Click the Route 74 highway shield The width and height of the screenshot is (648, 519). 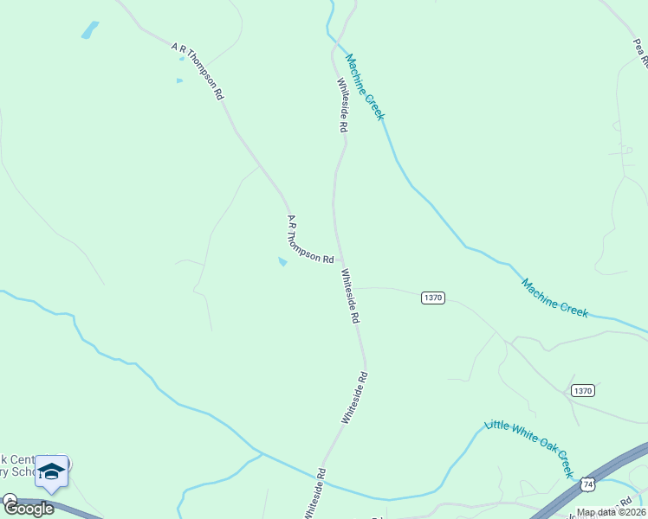(588, 484)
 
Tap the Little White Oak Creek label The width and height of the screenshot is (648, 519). (529, 448)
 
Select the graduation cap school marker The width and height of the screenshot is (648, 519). (52, 471)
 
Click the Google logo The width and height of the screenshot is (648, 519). (28, 508)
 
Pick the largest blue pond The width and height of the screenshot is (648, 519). (89, 30)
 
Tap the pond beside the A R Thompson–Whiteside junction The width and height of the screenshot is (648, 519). (282, 261)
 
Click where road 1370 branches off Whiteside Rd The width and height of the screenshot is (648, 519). (350, 288)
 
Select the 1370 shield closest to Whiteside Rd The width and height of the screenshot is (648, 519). (433, 298)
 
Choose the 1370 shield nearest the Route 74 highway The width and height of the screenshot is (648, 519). (582, 391)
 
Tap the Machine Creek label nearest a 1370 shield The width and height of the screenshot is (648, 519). (554, 298)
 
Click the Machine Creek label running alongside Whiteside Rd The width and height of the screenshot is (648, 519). (364, 86)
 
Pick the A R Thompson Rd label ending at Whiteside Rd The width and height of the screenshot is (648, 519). (310, 240)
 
